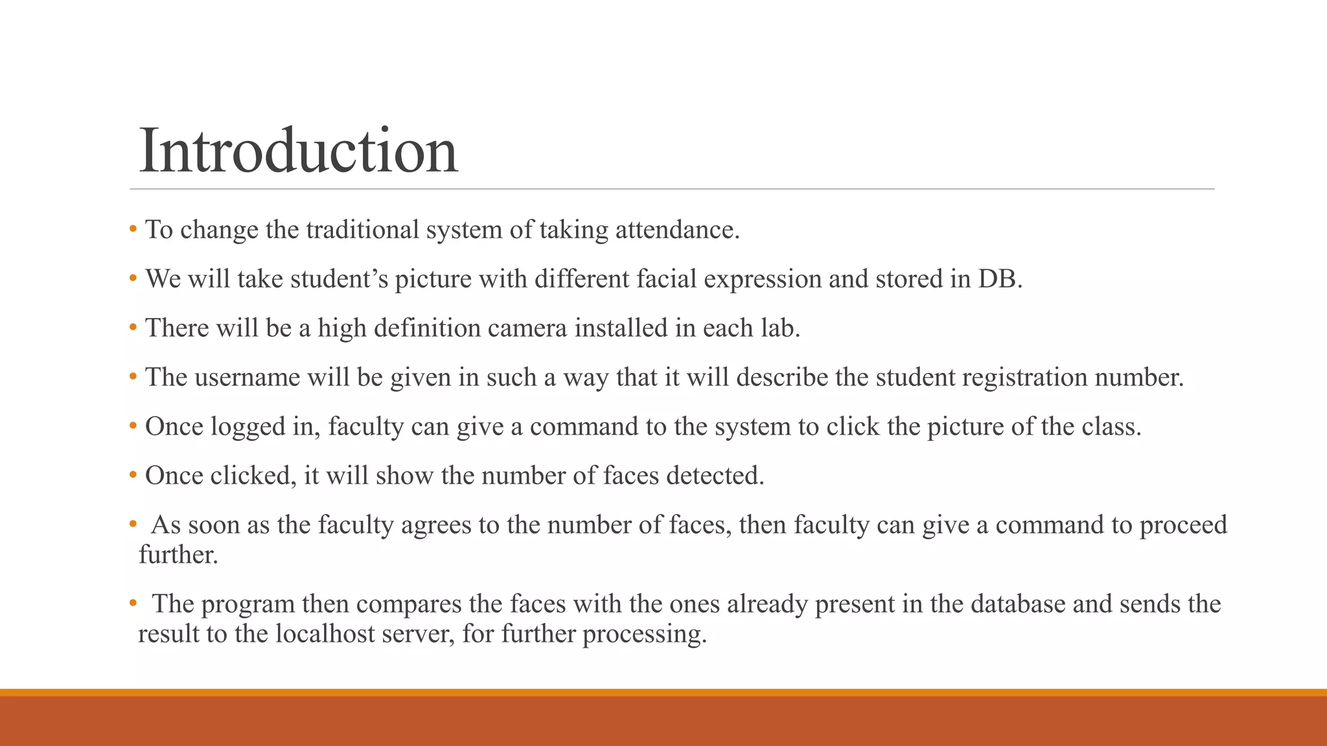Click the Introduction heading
point(298,151)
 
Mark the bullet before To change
point(133,229)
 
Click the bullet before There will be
point(133,327)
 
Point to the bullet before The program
point(133,603)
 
